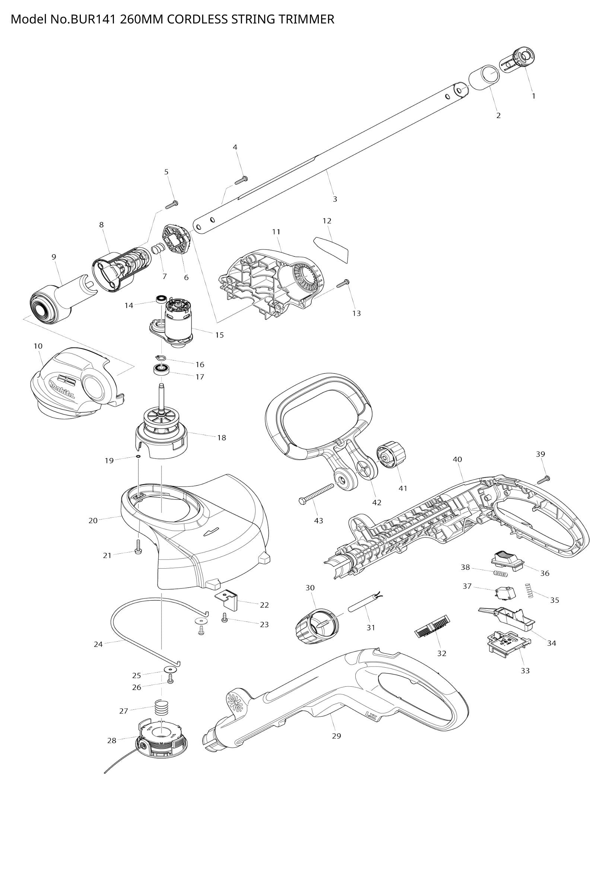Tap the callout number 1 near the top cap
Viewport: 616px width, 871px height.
tap(533, 96)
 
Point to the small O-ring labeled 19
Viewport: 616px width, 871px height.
tap(138, 457)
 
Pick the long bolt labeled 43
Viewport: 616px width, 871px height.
tap(317, 495)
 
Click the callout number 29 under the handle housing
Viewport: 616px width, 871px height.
tap(336, 736)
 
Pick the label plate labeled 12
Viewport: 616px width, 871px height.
tap(331, 248)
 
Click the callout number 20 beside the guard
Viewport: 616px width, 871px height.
tap(93, 521)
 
